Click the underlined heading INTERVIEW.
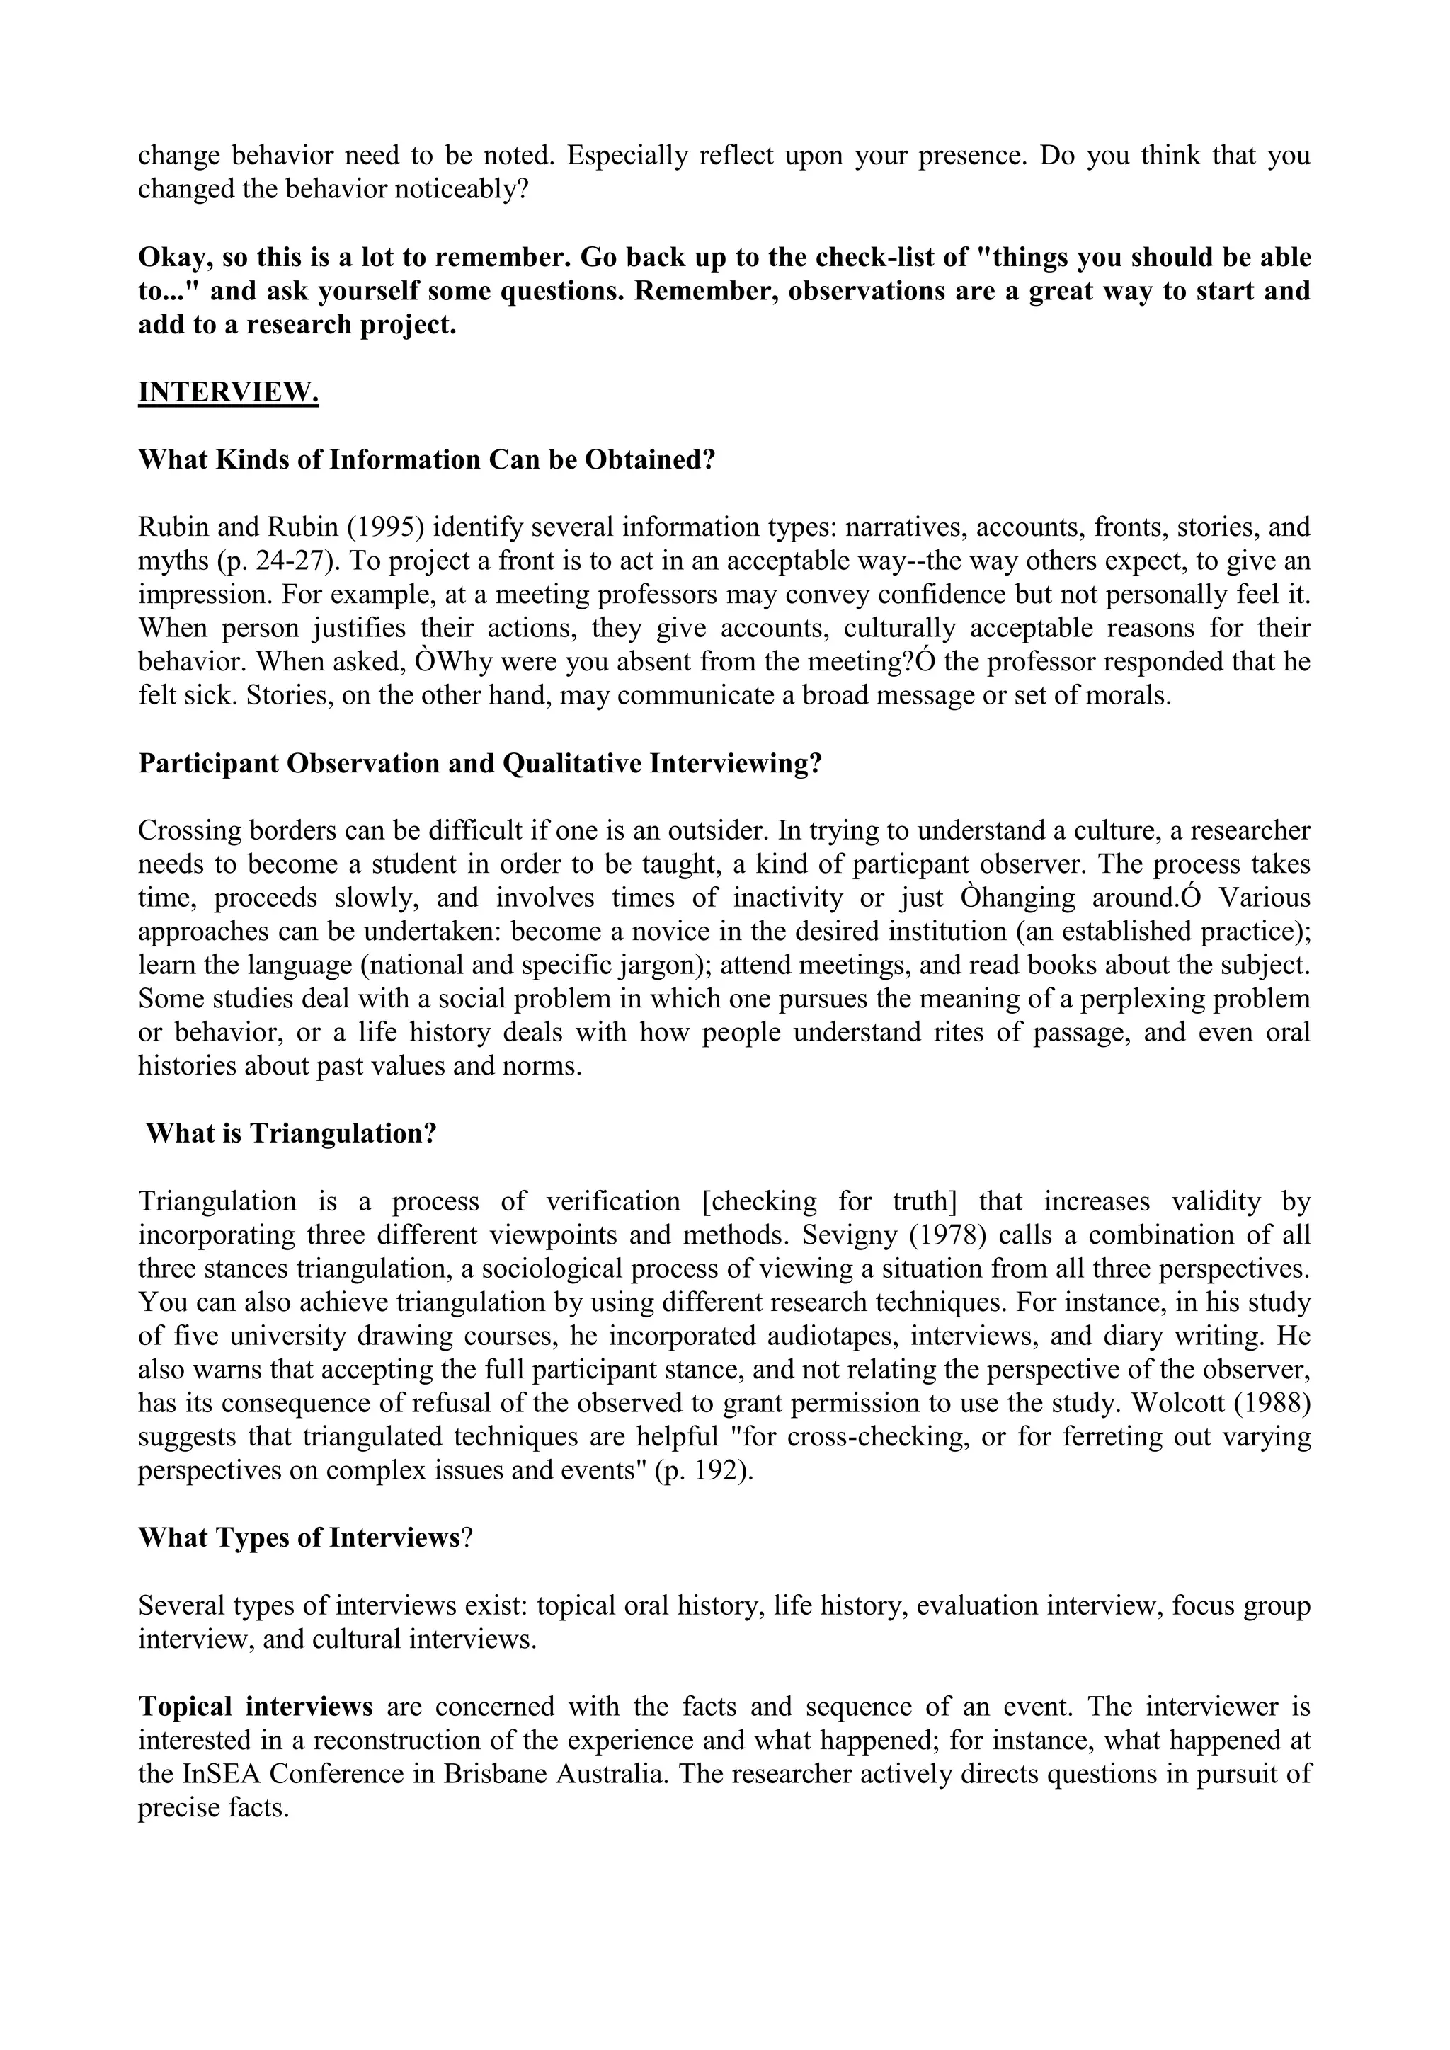pos(228,392)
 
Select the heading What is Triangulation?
pos(291,1134)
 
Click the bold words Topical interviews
pos(256,1706)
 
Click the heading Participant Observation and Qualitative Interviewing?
pos(479,763)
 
